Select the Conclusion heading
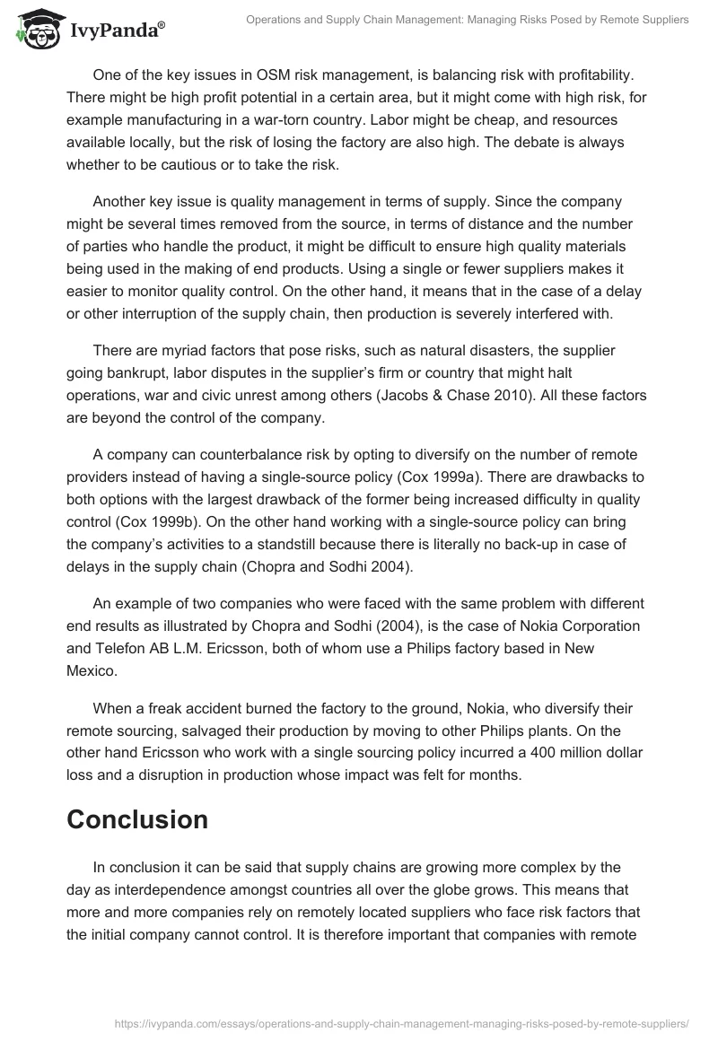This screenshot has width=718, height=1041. click(137, 818)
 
